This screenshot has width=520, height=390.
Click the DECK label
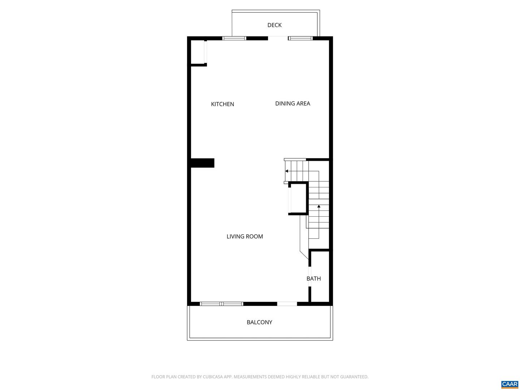pyautogui.click(x=274, y=25)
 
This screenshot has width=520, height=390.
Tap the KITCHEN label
pyautogui.click(x=222, y=104)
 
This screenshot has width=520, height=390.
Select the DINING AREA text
pyautogui.click(x=292, y=104)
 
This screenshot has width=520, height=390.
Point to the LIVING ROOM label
pyautogui.click(x=244, y=237)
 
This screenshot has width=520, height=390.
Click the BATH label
pyautogui.click(x=313, y=278)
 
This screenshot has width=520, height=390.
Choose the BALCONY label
pyautogui.click(x=259, y=322)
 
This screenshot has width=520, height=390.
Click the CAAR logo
pyautogui.click(x=510, y=384)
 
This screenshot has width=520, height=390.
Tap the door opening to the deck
pyautogui.click(x=278, y=38)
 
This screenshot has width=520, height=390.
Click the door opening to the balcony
pyautogui.click(x=287, y=304)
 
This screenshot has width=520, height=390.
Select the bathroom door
pyautogui.click(x=310, y=276)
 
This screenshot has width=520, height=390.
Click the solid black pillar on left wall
pyautogui.click(x=202, y=163)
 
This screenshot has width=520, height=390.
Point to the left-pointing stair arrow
pyautogui.click(x=287, y=171)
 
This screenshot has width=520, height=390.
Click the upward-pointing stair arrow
pyautogui.click(x=319, y=207)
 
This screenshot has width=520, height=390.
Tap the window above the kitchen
pyautogui.click(x=234, y=38)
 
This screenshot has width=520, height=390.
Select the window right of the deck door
pyautogui.click(x=300, y=38)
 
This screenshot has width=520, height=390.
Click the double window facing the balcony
pyautogui.click(x=221, y=304)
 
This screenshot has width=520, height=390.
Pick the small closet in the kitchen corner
pyautogui.click(x=198, y=52)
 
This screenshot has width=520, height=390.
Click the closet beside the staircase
pyautogui.click(x=298, y=199)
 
